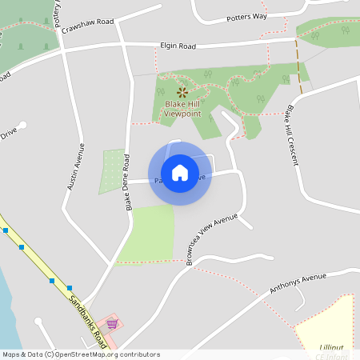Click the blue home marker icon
[179, 173]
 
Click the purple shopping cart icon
[112, 324]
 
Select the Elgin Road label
[177, 46]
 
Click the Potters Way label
[247, 17]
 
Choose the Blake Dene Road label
[127, 182]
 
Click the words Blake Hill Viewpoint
[182, 109]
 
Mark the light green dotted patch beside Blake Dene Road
[112, 171]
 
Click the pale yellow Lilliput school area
[328, 320]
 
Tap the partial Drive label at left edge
[8, 134]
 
